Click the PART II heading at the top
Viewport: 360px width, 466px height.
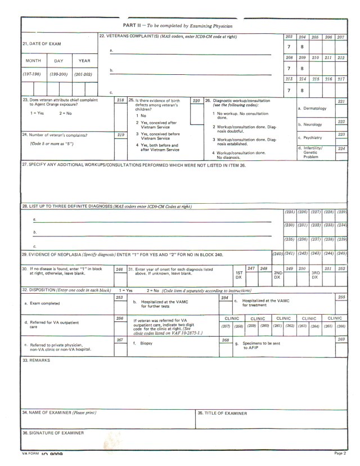(x=177, y=26)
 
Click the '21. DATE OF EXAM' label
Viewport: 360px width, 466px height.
(x=42, y=43)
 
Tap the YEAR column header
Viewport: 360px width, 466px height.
(x=84, y=60)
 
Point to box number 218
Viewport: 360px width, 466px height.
(x=120, y=101)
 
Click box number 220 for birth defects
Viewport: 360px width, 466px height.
(x=196, y=101)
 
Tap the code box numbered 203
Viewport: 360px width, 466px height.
(x=289, y=37)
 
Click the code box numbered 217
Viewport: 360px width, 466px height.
(x=341, y=79)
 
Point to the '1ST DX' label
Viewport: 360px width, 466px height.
(x=238, y=275)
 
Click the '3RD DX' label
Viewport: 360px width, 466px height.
(x=316, y=275)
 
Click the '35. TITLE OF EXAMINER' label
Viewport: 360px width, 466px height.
(x=223, y=413)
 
